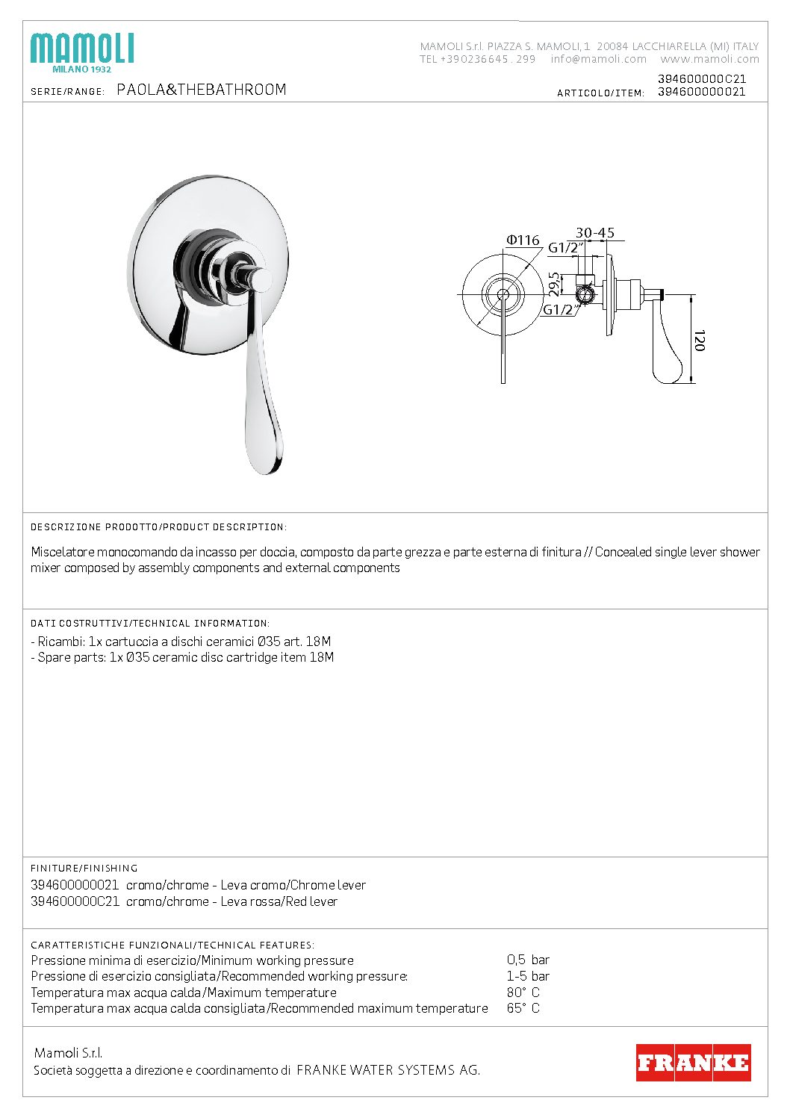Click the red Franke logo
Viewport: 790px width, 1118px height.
point(693,1062)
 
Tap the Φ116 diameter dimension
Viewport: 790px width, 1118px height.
point(523,240)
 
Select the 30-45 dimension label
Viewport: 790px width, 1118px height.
point(594,233)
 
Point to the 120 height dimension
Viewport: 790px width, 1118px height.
point(700,341)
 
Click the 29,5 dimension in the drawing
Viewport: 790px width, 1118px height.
point(554,283)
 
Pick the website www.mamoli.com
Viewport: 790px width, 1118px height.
point(709,59)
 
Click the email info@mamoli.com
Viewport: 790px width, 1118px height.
point(599,59)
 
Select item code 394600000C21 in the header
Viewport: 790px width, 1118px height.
point(701,78)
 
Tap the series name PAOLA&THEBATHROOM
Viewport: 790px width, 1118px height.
point(202,90)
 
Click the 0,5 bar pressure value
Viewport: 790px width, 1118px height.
point(528,960)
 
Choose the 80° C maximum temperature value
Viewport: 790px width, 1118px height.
point(523,993)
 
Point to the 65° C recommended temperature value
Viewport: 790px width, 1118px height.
point(523,1008)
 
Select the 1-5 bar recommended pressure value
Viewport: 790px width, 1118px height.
point(528,976)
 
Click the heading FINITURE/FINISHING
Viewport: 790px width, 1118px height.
point(84,868)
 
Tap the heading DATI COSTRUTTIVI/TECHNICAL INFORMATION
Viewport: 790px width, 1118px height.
point(150,623)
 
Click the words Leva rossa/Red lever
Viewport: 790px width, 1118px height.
point(279,901)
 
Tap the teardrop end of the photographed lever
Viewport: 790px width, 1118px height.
point(265,448)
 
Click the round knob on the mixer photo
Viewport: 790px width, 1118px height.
point(261,279)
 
